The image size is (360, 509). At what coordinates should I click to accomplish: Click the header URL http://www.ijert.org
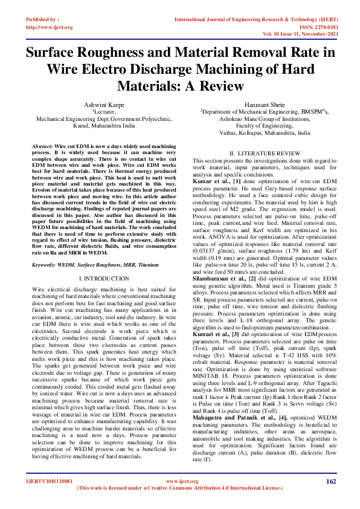point(49,27)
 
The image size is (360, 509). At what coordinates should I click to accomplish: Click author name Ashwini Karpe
point(100,105)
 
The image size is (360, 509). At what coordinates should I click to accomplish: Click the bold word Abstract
point(42,147)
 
